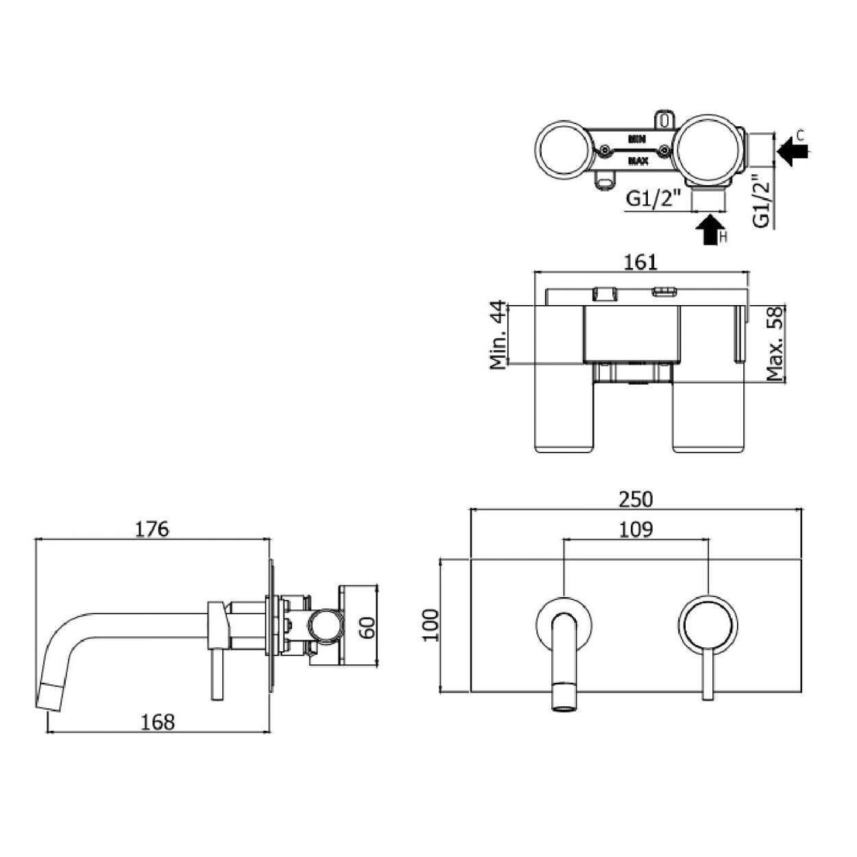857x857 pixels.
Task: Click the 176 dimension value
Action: click(x=152, y=529)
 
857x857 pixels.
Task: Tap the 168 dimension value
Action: click(x=158, y=722)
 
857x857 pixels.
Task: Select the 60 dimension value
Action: click(x=368, y=625)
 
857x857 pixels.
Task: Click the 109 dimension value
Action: click(x=636, y=529)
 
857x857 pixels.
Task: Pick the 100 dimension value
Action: click(x=431, y=625)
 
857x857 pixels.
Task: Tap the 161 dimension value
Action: click(x=641, y=262)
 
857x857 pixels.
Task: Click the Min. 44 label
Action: click(x=498, y=335)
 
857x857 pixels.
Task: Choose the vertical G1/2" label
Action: click(x=761, y=200)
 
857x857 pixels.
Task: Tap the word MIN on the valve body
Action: click(x=638, y=139)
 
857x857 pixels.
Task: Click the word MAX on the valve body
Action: click(x=638, y=161)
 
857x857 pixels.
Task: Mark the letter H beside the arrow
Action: click(x=723, y=238)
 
